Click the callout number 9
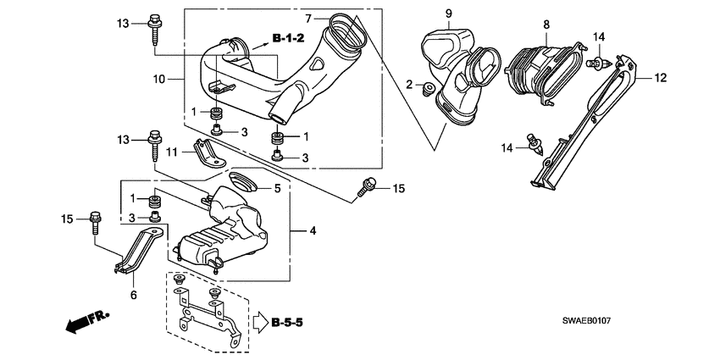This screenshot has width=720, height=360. pyautogui.click(x=449, y=13)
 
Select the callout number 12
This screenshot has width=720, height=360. pyautogui.click(x=661, y=78)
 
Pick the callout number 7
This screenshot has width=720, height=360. pyautogui.click(x=308, y=18)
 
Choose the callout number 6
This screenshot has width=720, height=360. pyautogui.click(x=132, y=296)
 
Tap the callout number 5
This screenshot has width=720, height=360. pyautogui.click(x=276, y=188)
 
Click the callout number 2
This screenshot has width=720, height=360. pyautogui.click(x=408, y=85)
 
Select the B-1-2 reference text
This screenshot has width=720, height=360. pyautogui.click(x=288, y=38)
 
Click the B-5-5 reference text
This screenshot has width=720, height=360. pyautogui.click(x=288, y=322)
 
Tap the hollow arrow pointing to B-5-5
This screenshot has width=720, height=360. pyautogui.click(x=258, y=322)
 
